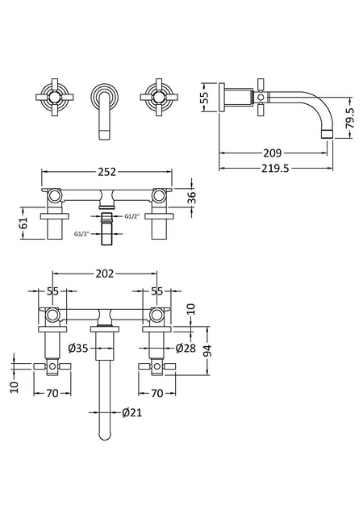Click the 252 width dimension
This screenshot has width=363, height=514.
(x=106, y=171)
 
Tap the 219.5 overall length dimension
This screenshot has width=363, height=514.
(x=275, y=168)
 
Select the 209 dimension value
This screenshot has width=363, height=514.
(x=273, y=153)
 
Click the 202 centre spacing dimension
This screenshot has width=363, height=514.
(x=105, y=273)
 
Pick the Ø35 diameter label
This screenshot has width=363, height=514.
(x=78, y=348)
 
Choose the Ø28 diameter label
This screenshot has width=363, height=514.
(x=186, y=348)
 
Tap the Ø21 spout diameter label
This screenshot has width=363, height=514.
(x=132, y=412)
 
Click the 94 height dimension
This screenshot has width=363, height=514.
(x=207, y=351)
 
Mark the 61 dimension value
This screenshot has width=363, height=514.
(x=23, y=224)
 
